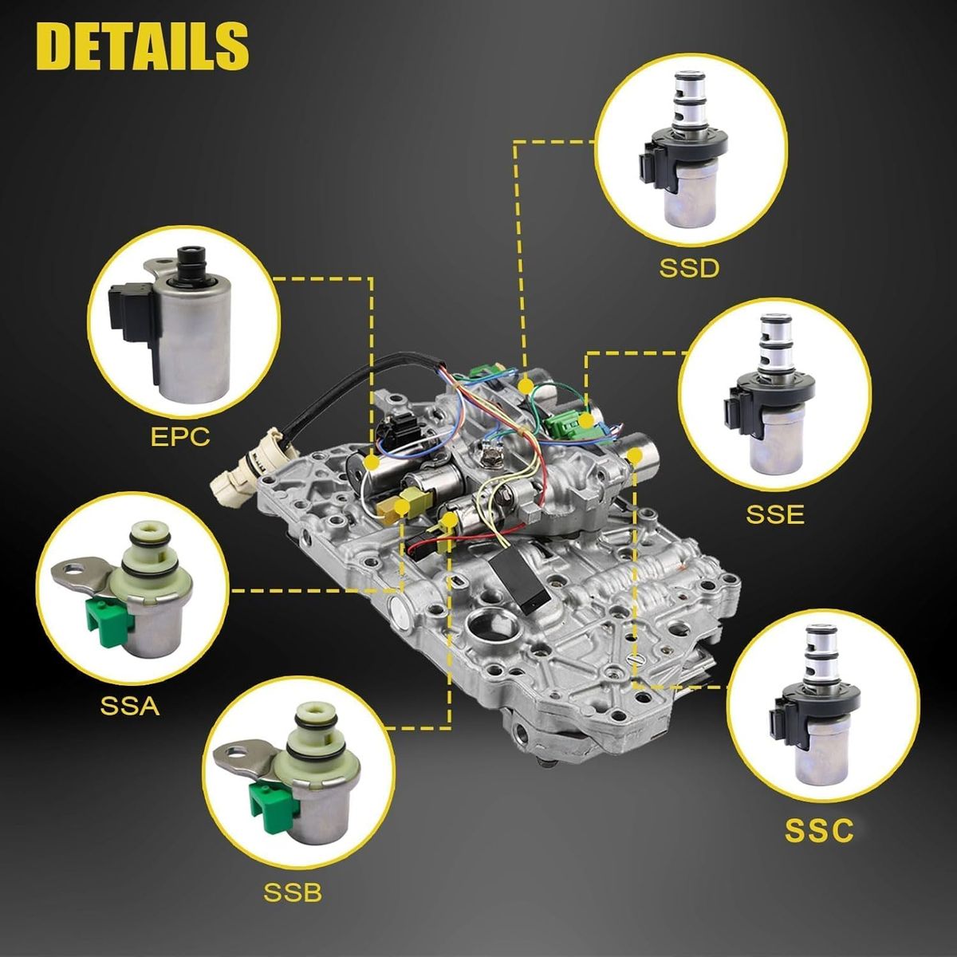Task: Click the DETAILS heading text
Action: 142,47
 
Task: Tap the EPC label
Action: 180,437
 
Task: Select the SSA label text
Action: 130,707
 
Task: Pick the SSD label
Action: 689,268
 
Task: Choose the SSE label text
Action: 775,515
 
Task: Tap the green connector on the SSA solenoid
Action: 106,620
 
